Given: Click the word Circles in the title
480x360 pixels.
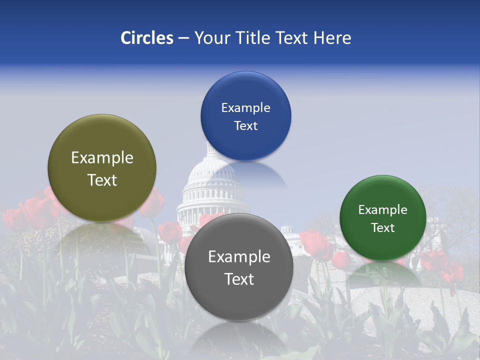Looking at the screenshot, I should coord(147,38).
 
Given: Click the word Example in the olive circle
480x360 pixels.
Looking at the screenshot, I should coord(102,158).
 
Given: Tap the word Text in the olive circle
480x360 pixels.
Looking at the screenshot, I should coord(102,180).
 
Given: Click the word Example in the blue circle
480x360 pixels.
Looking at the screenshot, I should coord(245,108).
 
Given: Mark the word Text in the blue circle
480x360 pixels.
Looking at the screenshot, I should coord(245,126).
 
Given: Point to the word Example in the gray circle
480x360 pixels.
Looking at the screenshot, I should coord(239,257).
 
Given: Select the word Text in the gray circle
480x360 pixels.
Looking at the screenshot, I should coord(239,279).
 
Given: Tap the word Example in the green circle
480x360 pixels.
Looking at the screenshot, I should coord(382,210).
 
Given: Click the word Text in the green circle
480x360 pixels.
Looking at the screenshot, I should coord(382,228).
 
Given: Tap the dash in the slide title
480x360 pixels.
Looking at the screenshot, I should coord(183,38).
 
